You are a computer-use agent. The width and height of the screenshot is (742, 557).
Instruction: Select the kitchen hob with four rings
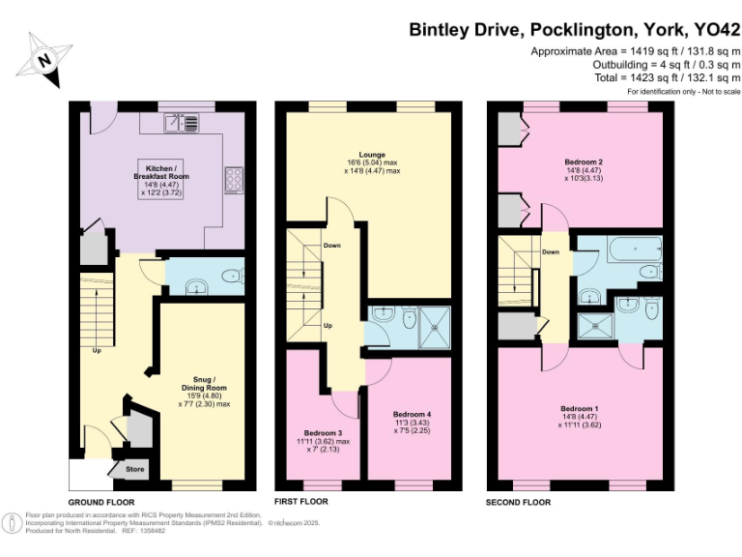pyautogui.click(x=234, y=180)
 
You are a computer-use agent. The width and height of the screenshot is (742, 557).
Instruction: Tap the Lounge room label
pyautogui.click(x=372, y=154)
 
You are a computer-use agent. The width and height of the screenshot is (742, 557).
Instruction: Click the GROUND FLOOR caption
pyautogui.click(x=101, y=503)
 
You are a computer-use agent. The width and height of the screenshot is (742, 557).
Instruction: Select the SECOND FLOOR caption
pyautogui.click(x=519, y=503)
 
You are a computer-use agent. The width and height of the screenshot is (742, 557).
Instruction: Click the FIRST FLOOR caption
pyautogui.click(x=301, y=502)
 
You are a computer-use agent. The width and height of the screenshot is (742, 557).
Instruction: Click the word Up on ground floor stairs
pyautogui.click(x=96, y=350)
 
